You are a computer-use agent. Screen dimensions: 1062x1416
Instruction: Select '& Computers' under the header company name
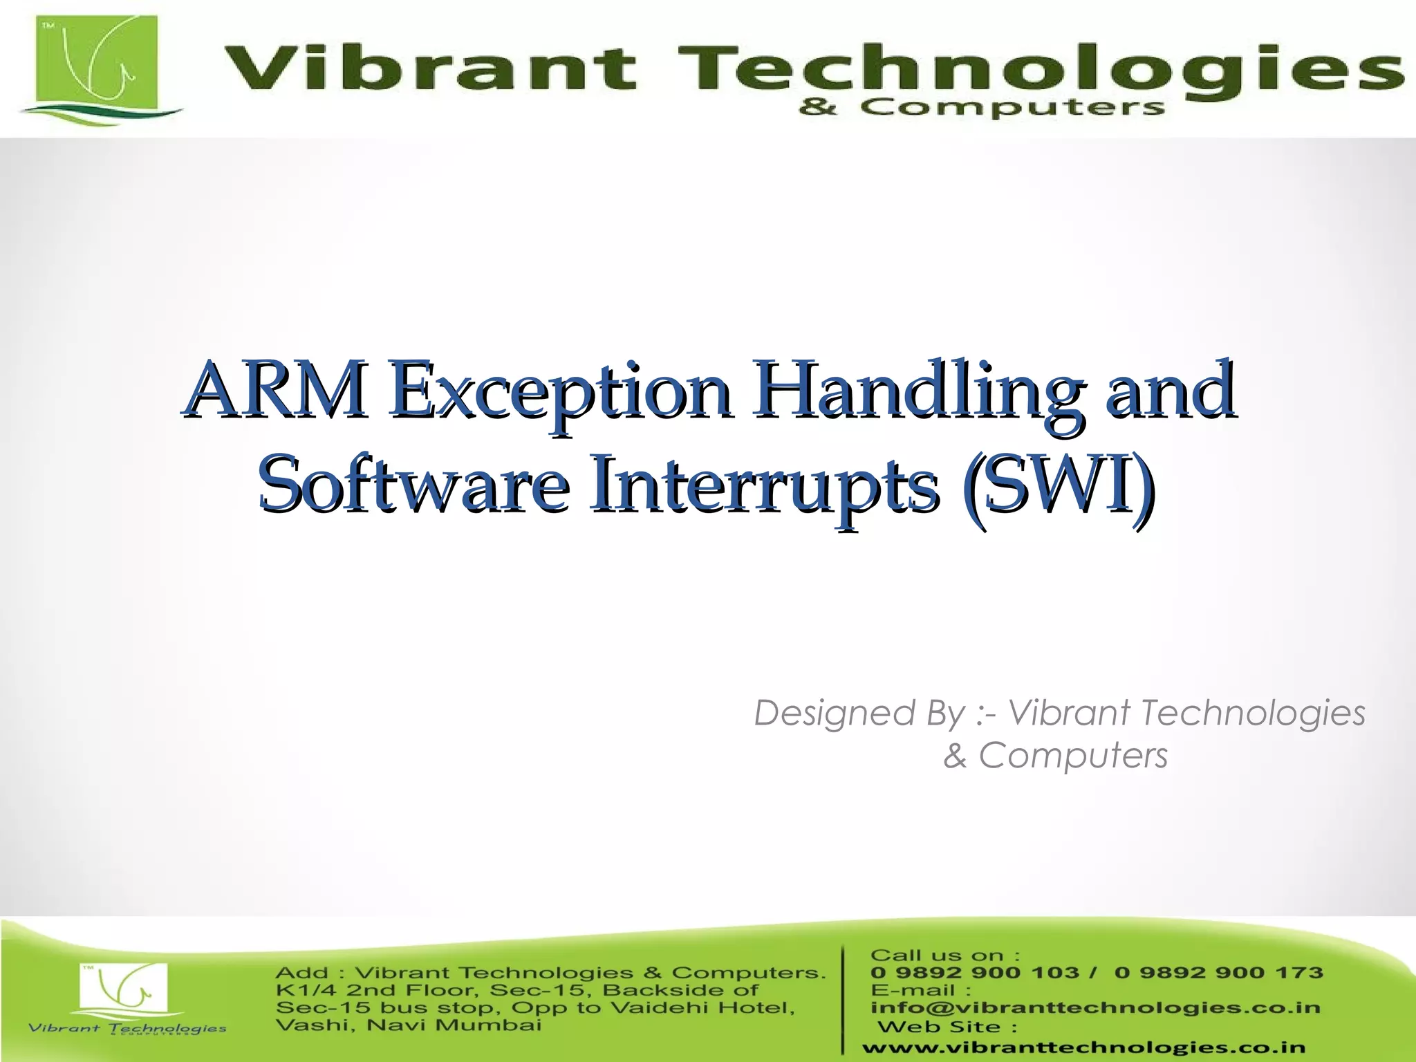coord(982,107)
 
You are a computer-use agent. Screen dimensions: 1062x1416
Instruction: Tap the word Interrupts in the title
coord(764,484)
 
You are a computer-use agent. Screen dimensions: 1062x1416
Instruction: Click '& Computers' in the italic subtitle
coord(1055,755)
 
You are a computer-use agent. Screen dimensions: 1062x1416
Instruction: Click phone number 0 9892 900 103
coord(974,973)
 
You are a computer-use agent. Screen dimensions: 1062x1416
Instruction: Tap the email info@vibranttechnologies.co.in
coord(1095,1007)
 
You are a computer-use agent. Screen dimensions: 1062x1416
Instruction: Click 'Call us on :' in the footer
coord(944,956)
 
